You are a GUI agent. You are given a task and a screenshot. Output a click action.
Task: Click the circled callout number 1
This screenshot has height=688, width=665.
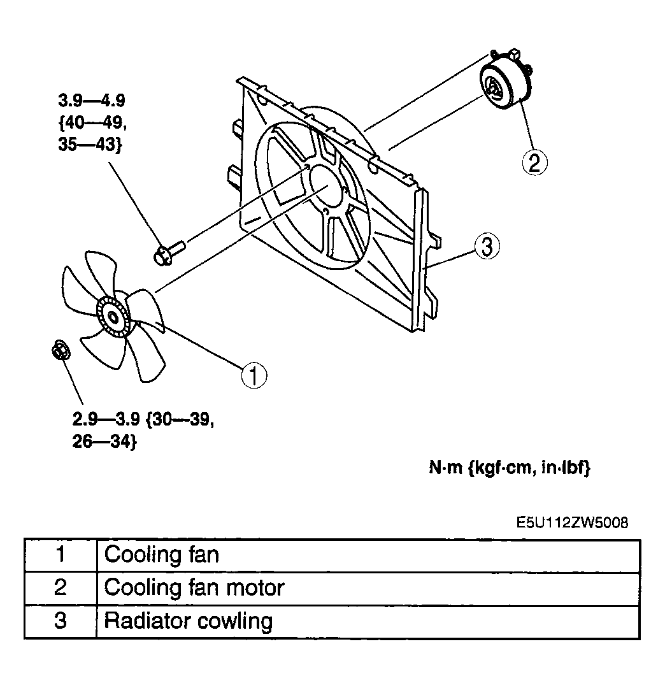254,375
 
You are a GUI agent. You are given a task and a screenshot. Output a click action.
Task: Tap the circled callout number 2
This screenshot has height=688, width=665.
534,162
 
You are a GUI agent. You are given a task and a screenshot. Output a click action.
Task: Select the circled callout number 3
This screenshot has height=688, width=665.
487,246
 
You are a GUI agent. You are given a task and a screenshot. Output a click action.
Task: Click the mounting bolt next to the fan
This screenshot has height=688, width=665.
169,252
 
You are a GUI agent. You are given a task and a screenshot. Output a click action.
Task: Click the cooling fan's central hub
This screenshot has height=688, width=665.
113,317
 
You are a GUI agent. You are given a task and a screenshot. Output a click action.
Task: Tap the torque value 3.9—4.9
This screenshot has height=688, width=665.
92,101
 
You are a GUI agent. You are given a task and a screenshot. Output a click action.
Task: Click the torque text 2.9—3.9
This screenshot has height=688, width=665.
106,419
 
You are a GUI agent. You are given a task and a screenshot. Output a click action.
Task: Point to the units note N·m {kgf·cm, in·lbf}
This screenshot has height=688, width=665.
510,468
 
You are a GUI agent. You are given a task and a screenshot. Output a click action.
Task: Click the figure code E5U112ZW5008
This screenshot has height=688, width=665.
571,522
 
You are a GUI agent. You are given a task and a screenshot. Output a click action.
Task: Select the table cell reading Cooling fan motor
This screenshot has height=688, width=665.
368,589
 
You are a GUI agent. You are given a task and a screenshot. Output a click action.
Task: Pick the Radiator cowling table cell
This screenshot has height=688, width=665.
368,621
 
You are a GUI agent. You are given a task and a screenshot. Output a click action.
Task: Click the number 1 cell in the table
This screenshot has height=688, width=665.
61,555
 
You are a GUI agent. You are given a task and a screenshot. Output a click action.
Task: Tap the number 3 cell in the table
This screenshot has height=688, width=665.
61,621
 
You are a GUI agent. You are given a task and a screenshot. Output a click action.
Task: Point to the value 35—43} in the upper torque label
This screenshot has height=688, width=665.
90,145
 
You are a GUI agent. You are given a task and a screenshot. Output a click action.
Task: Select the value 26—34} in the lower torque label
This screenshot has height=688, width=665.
105,441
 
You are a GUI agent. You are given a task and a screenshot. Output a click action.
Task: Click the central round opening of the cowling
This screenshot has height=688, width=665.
326,185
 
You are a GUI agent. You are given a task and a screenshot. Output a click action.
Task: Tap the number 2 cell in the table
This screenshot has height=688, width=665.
61,589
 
